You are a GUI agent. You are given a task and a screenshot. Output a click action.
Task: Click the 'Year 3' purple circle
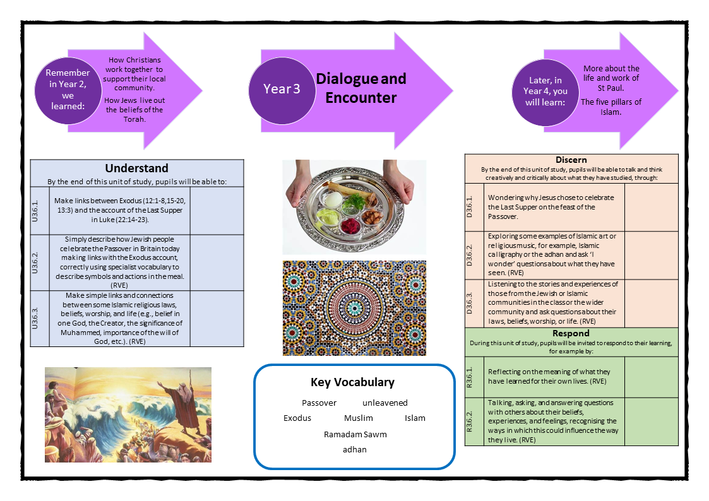(x=282, y=89)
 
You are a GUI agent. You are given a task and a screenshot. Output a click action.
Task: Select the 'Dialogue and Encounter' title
(x=361, y=88)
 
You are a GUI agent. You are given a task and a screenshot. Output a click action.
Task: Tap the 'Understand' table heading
(x=136, y=168)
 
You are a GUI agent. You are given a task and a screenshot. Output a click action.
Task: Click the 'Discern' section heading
(x=571, y=160)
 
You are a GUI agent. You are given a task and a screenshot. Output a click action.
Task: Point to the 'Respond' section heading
(x=571, y=333)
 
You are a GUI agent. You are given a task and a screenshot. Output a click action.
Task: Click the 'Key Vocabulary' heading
(x=352, y=382)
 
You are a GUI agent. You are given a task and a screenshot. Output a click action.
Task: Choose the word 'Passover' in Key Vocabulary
(x=319, y=403)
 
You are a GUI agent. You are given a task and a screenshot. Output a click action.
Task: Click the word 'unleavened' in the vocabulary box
(x=385, y=403)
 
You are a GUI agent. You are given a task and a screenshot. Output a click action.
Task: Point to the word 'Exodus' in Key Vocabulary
(x=297, y=418)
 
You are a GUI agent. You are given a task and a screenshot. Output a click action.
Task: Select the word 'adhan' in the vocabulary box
(x=354, y=449)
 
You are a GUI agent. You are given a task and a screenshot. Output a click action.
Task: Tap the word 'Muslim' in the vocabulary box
(x=359, y=418)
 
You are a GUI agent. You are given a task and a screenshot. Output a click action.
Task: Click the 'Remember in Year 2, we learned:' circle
(x=68, y=89)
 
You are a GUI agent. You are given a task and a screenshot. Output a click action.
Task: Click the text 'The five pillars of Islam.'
(x=611, y=107)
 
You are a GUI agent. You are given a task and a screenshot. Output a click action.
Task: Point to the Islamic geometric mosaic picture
(x=354, y=308)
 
